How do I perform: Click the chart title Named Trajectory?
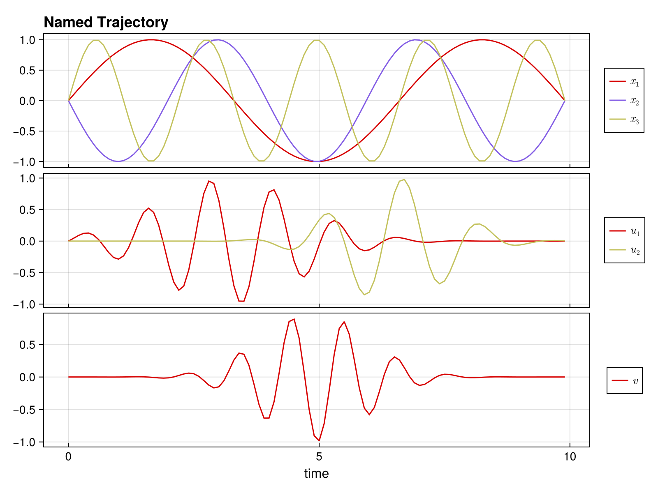click(x=106, y=22)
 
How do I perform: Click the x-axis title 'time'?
click(x=316, y=473)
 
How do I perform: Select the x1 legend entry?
click(x=624, y=82)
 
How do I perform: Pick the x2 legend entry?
click(x=624, y=101)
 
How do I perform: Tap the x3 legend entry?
click(x=624, y=120)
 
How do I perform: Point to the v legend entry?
click(x=625, y=380)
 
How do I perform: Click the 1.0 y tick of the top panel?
click(x=28, y=40)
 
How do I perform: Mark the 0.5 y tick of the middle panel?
click(x=28, y=210)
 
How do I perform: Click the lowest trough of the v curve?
click(x=319, y=441)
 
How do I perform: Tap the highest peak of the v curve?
click(x=294, y=319)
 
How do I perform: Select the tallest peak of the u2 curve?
click(x=404, y=180)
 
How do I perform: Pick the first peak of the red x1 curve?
click(x=151, y=40)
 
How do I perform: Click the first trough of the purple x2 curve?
click(x=118, y=161)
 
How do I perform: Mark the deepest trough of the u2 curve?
click(x=364, y=295)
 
